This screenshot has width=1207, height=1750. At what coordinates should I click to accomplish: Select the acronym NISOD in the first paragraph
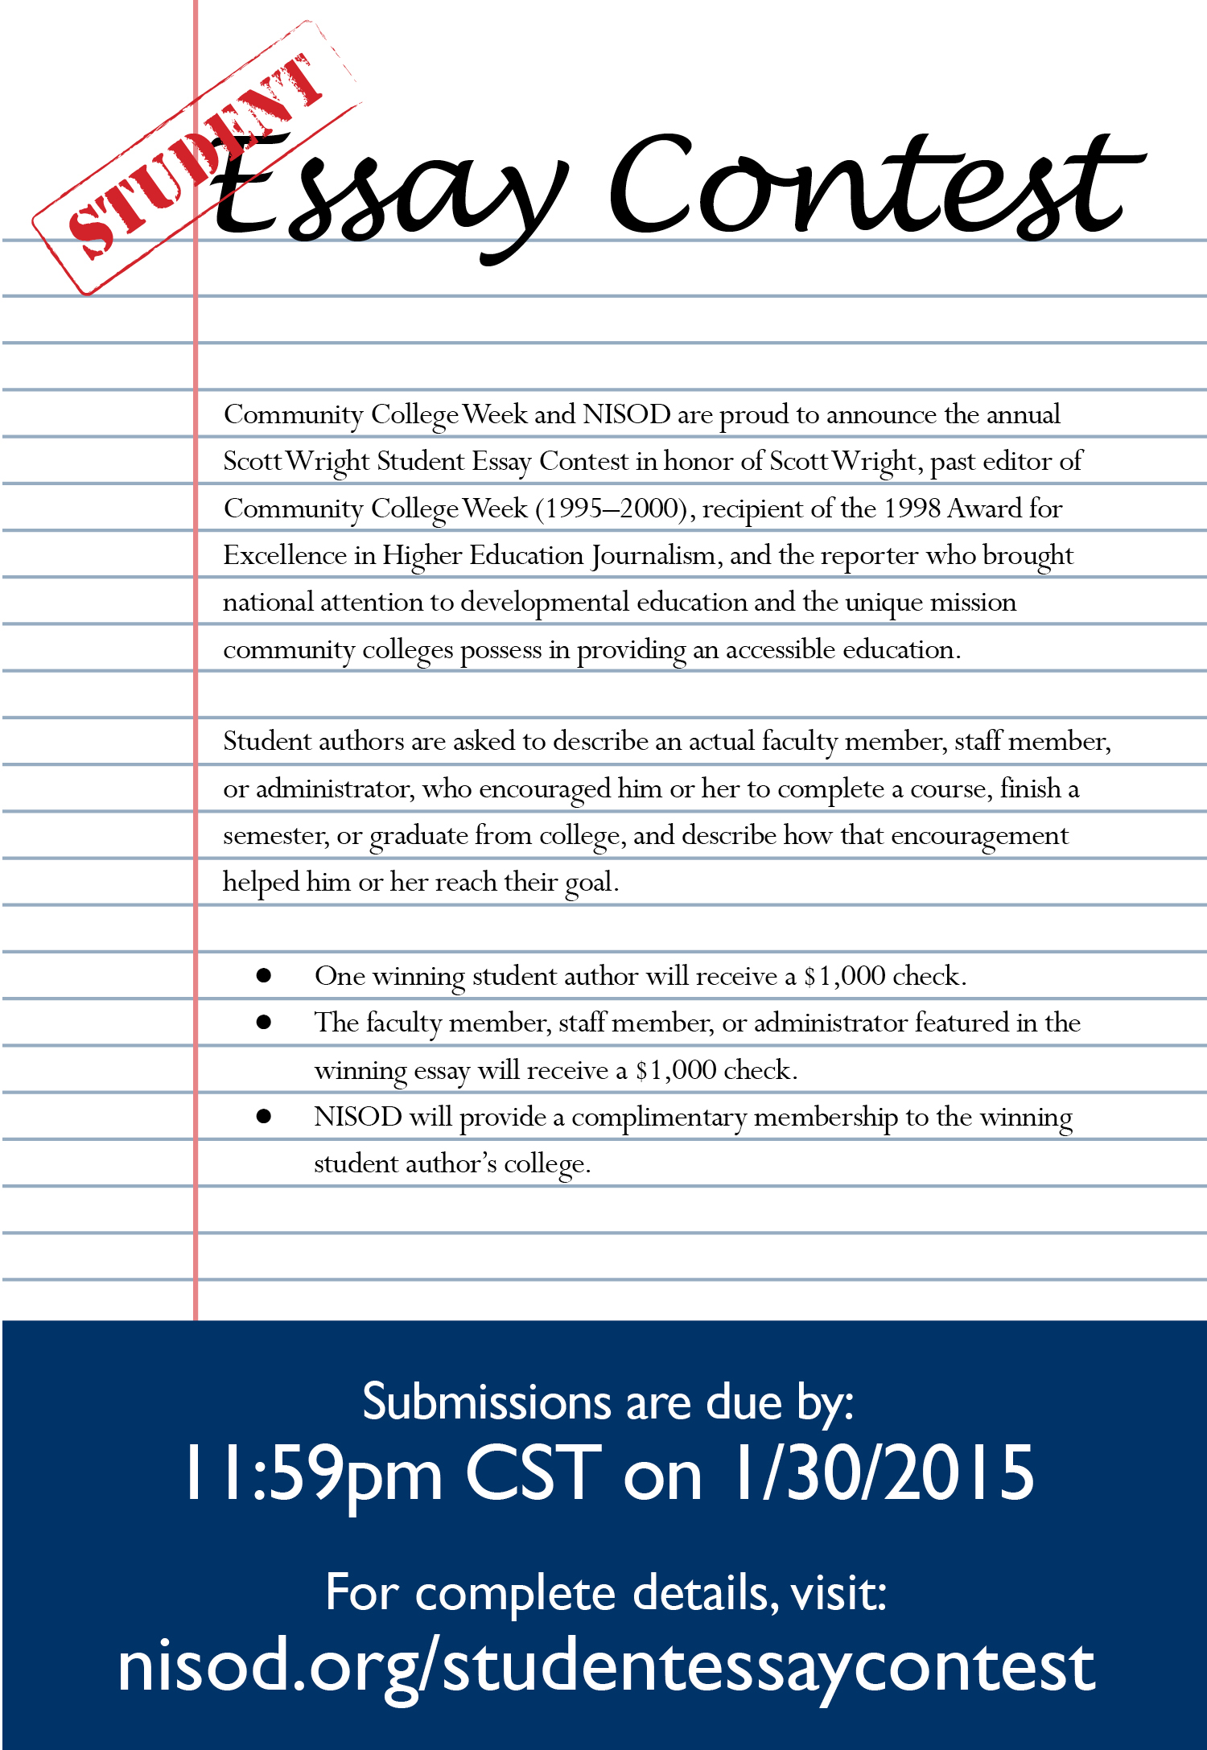coord(626,414)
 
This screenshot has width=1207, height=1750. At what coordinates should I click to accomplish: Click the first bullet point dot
coord(264,976)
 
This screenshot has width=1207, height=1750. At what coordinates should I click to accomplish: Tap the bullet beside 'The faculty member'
coord(264,1023)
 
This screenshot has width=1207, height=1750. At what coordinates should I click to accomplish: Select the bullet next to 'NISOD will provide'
coord(264,1117)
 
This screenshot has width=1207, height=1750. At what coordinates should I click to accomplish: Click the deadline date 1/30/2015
coord(881,1472)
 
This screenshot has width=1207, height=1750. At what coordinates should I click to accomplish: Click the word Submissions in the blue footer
coord(487,1402)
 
